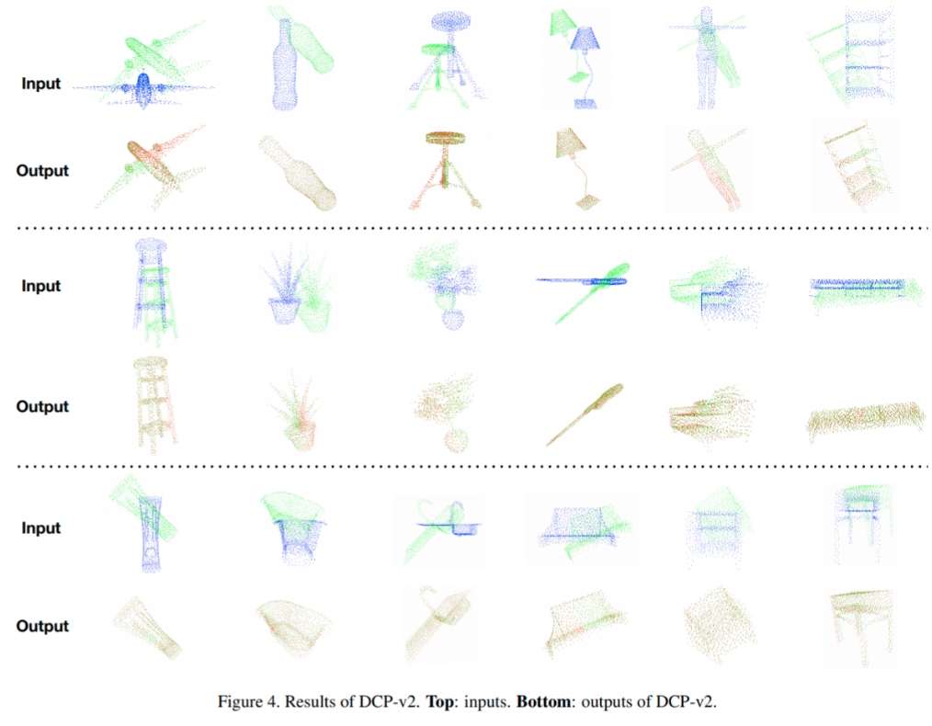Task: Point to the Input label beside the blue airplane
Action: [x=41, y=84]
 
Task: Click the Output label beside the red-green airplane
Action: [x=42, y=171]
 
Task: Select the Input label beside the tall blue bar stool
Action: [x=41, y=286]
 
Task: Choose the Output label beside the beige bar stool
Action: [x=42, y=406]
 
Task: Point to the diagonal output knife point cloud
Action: [x=585, y=414]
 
